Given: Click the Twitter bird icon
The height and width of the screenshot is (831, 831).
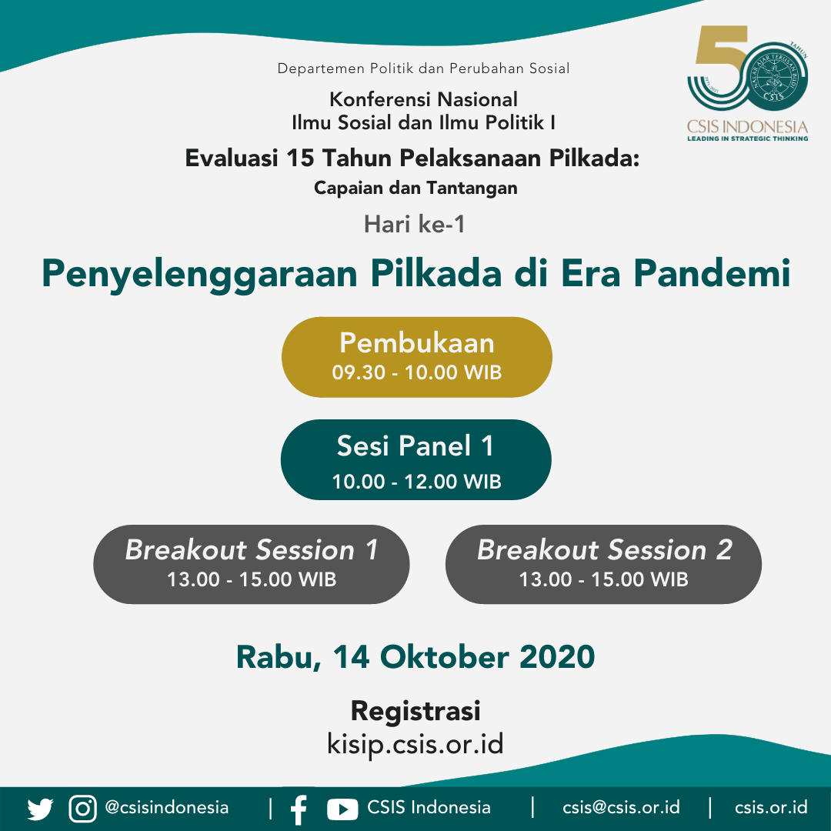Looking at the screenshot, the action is point(40,809).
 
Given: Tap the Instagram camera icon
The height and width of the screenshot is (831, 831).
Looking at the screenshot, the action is point(82,809).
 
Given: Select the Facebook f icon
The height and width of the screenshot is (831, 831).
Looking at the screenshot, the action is point(299,809).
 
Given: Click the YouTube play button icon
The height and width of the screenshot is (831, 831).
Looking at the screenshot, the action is point(342,809).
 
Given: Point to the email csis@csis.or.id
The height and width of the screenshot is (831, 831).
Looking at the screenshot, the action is point(621,807).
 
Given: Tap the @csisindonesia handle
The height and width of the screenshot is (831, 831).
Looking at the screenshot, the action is point(167,807).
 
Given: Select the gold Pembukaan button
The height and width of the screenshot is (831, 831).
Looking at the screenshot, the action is point(416,357).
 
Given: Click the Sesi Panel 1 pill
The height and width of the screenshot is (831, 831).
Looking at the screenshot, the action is point(416,459).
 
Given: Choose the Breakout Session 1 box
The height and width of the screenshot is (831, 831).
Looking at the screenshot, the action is point(251,565).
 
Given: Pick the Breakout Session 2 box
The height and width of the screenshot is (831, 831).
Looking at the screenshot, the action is point(604,565).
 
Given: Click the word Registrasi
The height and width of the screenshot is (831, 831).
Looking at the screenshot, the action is point(415,711).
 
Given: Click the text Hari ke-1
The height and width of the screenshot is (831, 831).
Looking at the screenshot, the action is point(415,224).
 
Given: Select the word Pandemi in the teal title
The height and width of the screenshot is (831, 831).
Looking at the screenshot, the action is point(712,273).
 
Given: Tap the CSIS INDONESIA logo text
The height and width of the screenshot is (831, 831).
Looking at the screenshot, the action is point(747,127).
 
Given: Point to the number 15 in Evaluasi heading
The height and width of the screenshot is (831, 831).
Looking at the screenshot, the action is point(300,158).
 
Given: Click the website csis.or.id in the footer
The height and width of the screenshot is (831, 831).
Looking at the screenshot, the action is point(771,807).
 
